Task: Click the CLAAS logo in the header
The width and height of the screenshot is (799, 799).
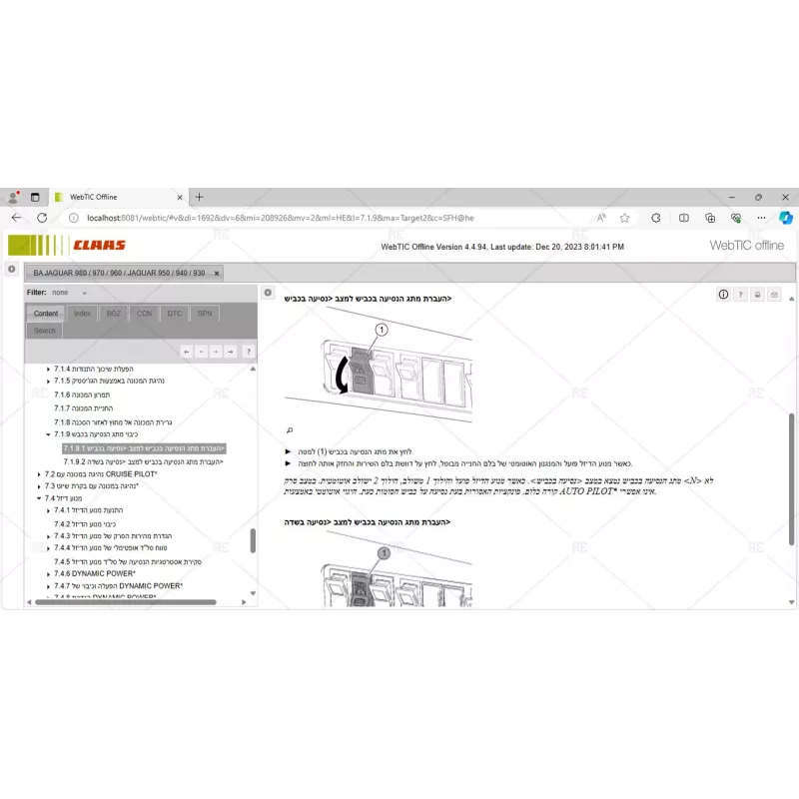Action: coord(99,245)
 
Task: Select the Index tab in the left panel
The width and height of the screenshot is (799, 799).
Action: coord(82,314)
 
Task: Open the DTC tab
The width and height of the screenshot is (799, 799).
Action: coord(174,314)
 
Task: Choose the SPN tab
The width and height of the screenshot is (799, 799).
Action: coord(204,314)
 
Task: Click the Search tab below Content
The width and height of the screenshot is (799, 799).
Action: coord(45,331)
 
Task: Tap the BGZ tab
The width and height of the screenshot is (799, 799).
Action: coord(113,314)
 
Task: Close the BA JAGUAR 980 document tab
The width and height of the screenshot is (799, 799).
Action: coord(217,273)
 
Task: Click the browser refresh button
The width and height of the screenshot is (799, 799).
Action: coord(42,217)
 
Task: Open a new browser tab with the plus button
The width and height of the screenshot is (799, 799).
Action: coord(199,197)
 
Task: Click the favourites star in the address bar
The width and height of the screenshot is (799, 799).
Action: coord(624,217)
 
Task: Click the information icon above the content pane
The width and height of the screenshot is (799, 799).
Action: coord(723,294)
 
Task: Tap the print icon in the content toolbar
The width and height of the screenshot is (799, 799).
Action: coord(757,294)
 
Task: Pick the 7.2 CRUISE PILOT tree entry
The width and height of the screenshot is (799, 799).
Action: coord(100,474)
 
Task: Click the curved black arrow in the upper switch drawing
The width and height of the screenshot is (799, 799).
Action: coord(343,375)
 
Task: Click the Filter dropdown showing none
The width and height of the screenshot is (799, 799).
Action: coord(69,293)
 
